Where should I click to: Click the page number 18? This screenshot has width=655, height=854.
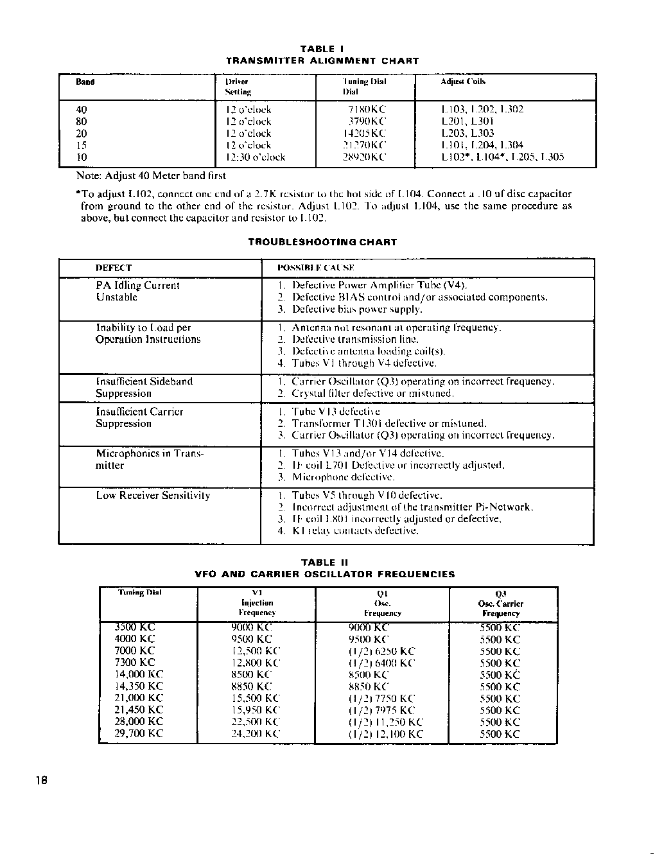coord(42,781)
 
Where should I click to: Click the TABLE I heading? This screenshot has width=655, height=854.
coord(322,49)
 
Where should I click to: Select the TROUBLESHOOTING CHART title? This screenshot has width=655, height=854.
coord(322,242)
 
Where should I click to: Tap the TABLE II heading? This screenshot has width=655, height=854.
coord(324,562)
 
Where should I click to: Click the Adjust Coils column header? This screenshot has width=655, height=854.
coord(463,82)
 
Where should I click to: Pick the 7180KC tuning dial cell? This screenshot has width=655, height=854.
coord(367,110)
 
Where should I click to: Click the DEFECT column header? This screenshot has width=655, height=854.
coord(114,268)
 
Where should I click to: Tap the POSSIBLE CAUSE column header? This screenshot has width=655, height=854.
coord(316,268)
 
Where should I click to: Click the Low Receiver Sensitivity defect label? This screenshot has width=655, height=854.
coord(153,496)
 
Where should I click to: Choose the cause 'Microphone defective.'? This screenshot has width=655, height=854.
coord(343,477)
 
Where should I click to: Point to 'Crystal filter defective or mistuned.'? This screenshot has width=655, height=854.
coord(372,393)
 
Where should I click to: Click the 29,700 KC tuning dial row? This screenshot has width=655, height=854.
coord(139,733)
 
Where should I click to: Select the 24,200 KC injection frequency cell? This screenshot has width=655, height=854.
coord(256,733)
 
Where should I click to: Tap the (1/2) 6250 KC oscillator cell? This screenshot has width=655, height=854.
coord(382,651)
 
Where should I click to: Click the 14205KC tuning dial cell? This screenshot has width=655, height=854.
coord(364,134)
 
